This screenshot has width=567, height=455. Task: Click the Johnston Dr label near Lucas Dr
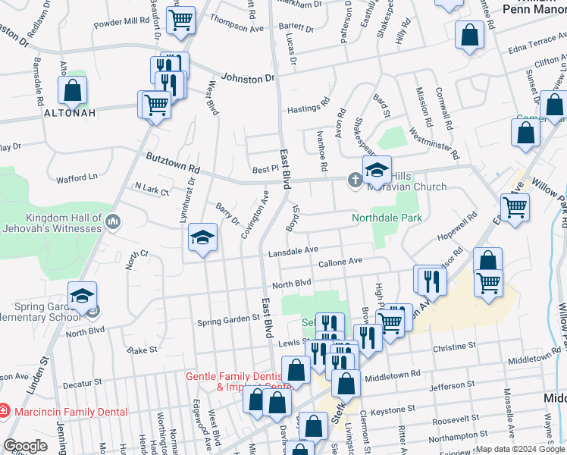246,77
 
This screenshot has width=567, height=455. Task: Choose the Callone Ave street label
340,262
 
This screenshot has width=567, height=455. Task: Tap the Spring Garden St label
229,319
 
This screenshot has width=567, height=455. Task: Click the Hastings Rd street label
309,109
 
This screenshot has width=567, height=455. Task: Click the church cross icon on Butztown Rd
354,180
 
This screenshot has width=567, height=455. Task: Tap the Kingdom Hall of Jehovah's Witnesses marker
113,222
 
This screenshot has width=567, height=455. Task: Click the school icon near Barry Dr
203,238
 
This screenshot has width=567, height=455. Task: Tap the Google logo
25,446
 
